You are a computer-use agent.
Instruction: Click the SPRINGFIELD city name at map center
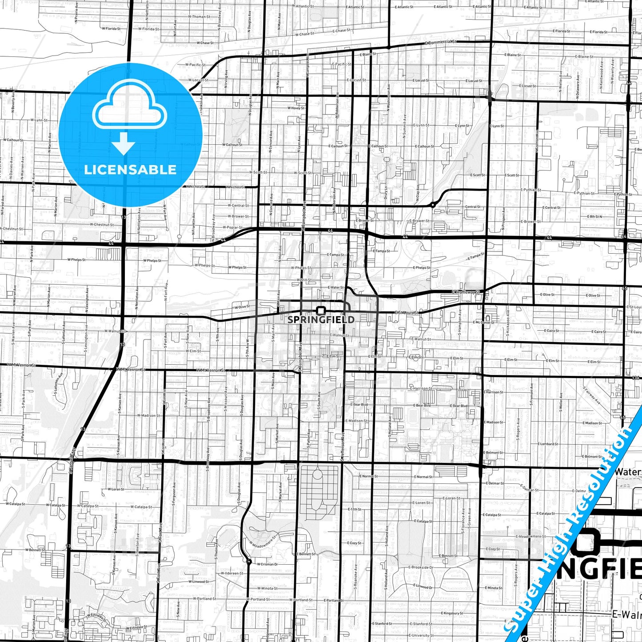click(x=321, y=319)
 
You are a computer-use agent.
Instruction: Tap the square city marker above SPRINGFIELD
click(x=321, y=310)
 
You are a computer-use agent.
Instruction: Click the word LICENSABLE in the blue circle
click(x=130, y=170)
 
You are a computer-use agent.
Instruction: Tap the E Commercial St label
click(x=440, y=42)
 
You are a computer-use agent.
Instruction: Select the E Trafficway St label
click(x=467, y=292)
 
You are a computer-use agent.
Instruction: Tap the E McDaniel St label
click(x=483, y=323)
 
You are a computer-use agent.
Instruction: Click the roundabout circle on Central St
click(x=432, y=205)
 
